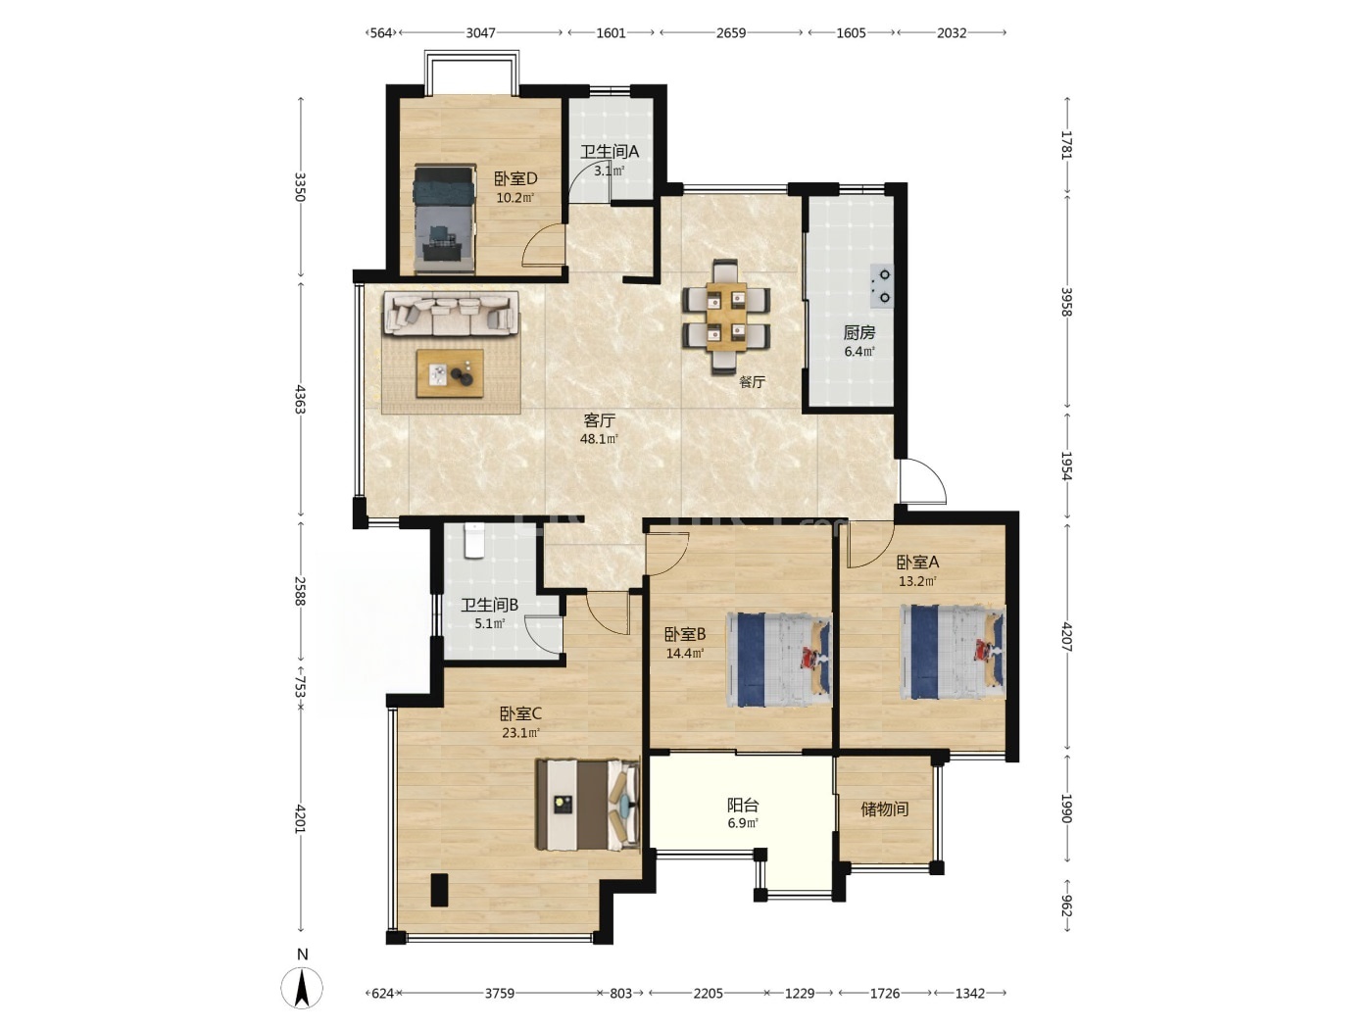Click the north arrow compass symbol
click(302, 988)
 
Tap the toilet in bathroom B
click(474, 540)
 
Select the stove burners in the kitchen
click(882, 285)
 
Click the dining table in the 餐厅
click(726, 317)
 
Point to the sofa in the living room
click(451, 313)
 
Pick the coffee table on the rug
click(451, 372)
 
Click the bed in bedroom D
click(444, 220)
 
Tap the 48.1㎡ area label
click(599, 439)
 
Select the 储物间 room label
click(885, 809)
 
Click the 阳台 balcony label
click(743, 805)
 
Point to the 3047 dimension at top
click(480, 32)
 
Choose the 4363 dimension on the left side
click(301, 399)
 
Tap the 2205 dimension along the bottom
click(708, 993)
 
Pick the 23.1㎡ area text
click(520, 733)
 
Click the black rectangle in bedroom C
click(439, 889)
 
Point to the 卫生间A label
click(610, 152)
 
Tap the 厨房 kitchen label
click(858, 333)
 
